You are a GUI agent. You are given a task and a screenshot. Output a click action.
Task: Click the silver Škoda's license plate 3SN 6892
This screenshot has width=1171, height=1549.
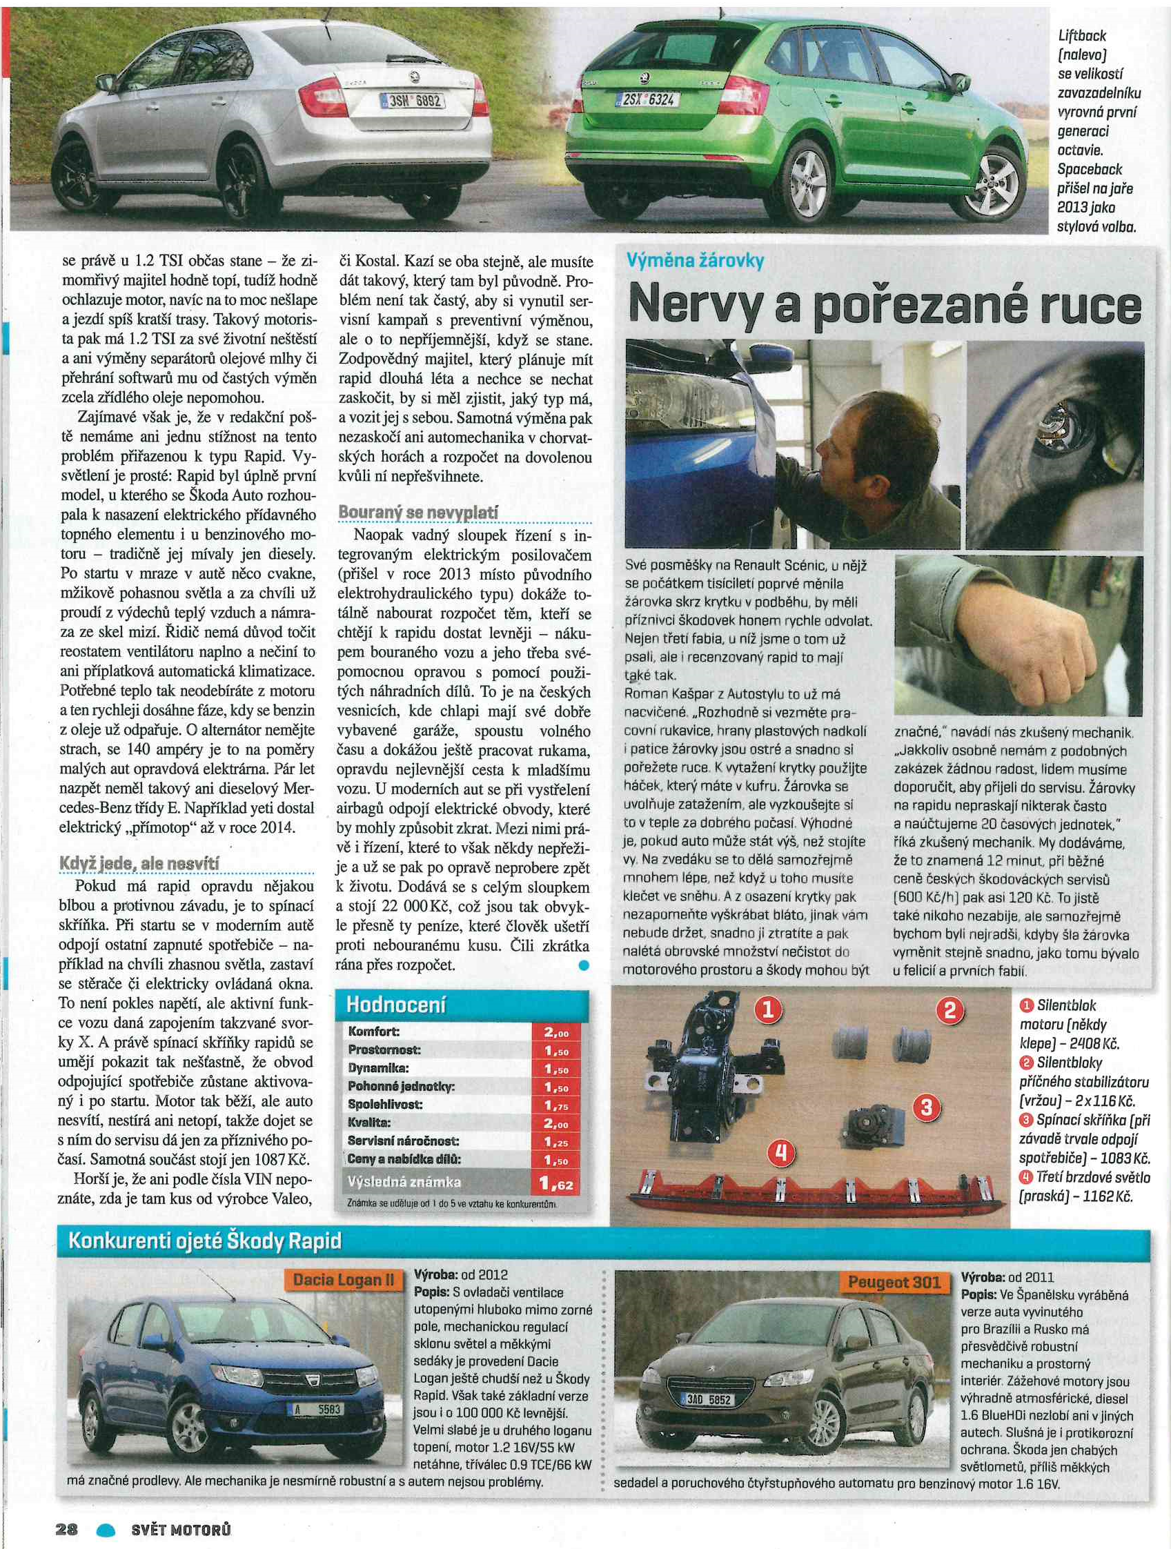click(413, 101)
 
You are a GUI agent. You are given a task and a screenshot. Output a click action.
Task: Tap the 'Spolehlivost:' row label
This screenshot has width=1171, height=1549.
click(384, 1105)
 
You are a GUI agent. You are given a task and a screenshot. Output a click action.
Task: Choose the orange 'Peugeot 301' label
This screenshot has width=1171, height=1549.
click(894, 1282)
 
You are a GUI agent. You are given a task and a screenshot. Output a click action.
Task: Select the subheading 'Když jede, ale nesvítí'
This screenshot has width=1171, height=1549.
click(139, 863)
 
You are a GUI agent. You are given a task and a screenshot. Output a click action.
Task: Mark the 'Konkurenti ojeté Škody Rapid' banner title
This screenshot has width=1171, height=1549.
click(204, 1241)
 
